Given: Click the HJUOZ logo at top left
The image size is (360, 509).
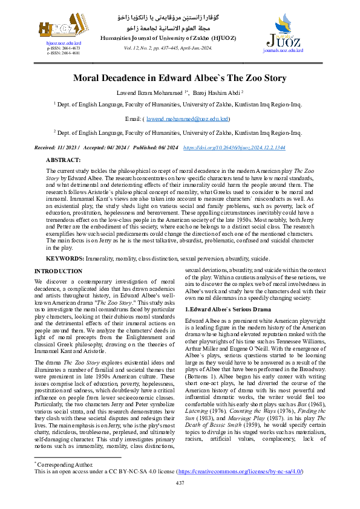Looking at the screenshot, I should [56, 27].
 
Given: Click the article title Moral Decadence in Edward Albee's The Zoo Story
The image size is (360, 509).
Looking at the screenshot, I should [179, 77].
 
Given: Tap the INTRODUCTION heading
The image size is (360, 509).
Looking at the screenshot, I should [59, 271].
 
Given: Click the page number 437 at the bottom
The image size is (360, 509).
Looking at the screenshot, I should [179, 482].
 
